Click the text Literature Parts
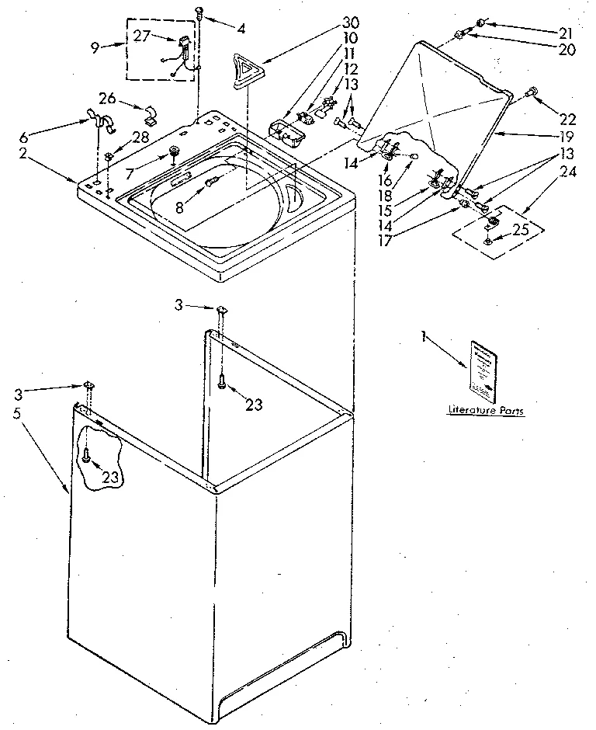[x=485, y=409]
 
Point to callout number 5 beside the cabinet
[x=17, y=414]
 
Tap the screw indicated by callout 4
[x=200, y=12]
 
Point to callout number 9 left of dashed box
[x=95, y=47]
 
